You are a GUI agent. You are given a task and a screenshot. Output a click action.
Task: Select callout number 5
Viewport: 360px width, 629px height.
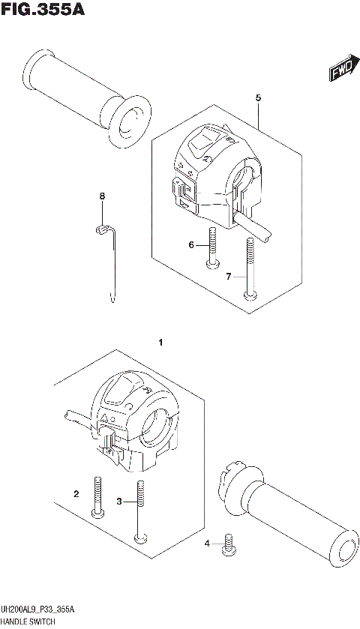(x=257, y=98)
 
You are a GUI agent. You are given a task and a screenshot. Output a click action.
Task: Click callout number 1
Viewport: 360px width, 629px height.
(x=160, y=343)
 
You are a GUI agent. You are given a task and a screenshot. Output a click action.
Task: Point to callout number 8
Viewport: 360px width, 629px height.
(x=103, y=196)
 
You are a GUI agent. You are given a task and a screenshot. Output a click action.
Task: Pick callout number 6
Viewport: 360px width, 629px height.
(x=191, y=244)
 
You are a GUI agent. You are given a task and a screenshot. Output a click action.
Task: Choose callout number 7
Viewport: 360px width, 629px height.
(x=229, y=277)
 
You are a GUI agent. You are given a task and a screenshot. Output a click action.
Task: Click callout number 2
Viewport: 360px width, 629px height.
(x=76, y=494)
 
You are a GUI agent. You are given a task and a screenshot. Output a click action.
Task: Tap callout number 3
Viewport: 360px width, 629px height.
(x=118, y=501)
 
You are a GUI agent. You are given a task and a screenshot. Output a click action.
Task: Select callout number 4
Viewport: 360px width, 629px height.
(x=208, y=543)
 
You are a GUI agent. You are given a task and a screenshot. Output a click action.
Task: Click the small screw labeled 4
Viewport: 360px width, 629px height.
(x=229, y=547)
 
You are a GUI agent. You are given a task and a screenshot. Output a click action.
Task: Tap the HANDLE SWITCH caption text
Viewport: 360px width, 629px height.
(x=34, y=622)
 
